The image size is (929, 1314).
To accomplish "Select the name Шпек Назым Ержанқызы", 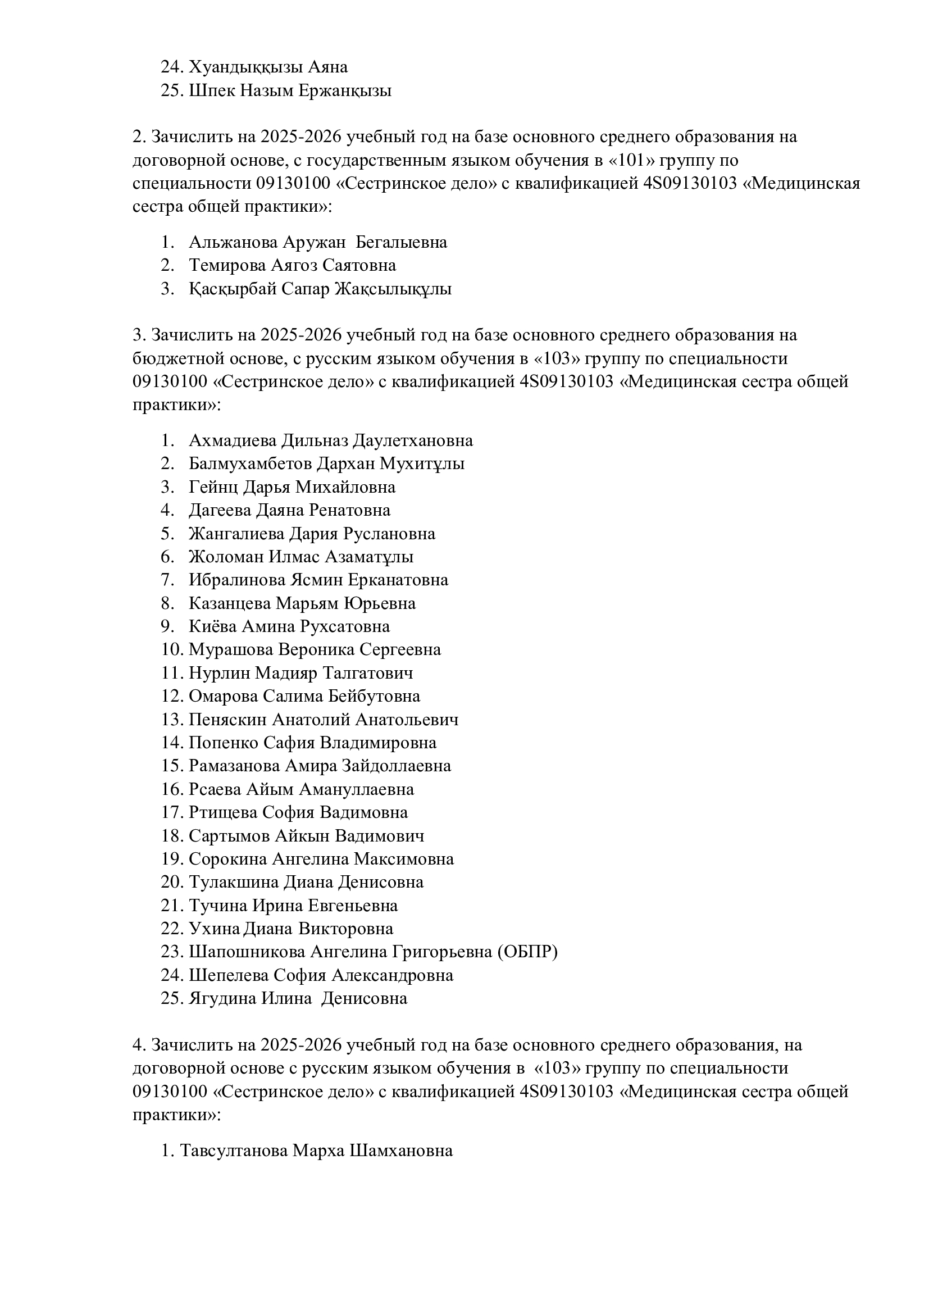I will [290, 91].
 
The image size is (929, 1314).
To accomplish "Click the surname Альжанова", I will [234, 242].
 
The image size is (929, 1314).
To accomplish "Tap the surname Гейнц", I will [214, 487].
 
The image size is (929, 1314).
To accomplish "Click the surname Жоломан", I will [226, 557].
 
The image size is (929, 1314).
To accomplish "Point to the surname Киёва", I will [213, 627].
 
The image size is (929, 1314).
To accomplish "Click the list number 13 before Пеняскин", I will [172, 720].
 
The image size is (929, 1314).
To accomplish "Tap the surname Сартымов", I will [229, 836].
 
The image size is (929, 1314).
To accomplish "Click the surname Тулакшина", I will [234, 883].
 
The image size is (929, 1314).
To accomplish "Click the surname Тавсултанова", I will [234, 1151].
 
